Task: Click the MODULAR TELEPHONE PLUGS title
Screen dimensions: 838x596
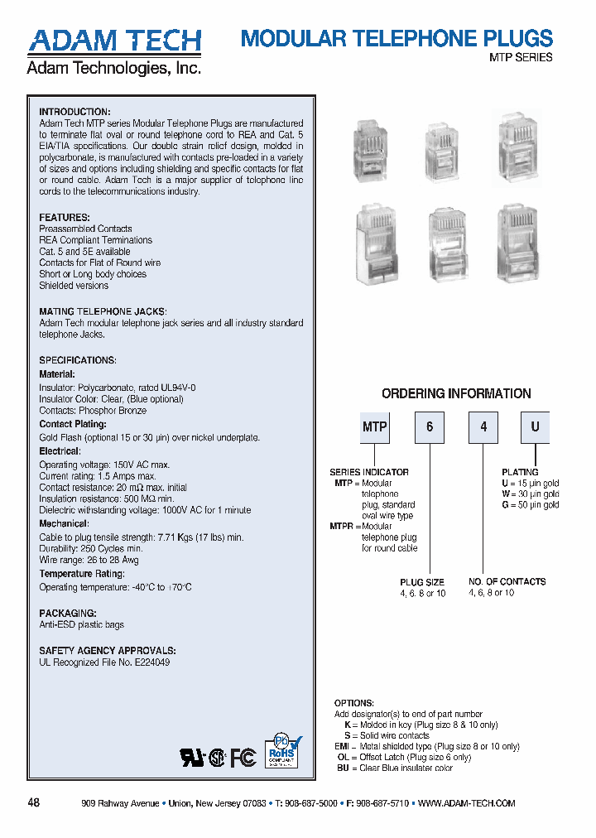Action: click(396, 38)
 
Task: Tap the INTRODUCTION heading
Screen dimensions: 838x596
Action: click(74, 112)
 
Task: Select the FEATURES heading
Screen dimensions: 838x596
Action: click(65, 218)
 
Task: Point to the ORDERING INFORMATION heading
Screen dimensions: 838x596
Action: click(456, 394)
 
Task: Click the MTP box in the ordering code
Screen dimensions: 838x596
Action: click(375, 428)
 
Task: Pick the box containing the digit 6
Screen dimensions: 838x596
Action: click(430, 428)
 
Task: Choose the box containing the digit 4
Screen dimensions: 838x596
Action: click(483, 428)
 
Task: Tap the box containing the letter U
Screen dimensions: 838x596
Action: click(535, 428)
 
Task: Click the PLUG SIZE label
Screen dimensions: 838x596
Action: click(422, 582)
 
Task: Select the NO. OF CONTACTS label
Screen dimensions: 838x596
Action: click(507, 582)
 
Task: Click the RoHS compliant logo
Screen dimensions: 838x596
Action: click(283, 750)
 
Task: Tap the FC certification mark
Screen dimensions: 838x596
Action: click(243, 757)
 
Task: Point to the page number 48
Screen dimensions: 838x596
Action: click(34, 803)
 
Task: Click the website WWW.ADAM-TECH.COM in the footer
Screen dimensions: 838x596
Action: click(467, 804)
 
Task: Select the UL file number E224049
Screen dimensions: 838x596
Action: click(150, 662)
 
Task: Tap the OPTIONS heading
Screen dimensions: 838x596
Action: click(354, 703)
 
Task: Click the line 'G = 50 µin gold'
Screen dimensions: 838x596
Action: click(530, 505)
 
